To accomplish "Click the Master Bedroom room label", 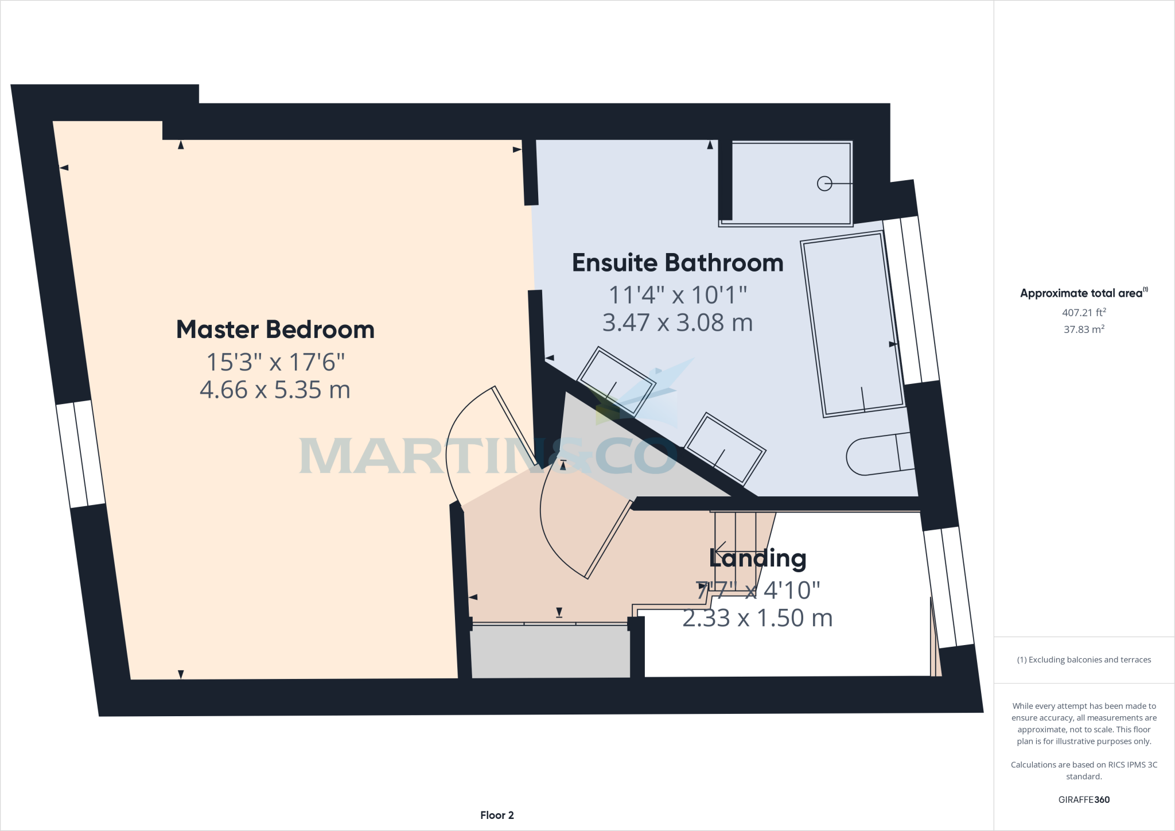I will [x=275, y=330].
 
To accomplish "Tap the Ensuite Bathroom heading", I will [x=678, y=263].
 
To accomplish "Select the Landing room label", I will [x=757, y=558].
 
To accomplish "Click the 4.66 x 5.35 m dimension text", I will [x=275, y=390].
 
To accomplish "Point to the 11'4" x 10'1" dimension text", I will [x=678, y=296].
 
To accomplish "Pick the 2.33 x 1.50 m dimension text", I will [x=757, y=618].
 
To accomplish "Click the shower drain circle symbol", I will [x=824, y=184].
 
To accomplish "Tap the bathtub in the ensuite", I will [x=853, y=324].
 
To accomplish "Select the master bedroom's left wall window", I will [x=81, y=454].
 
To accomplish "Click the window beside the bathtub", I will [x=911, y=301].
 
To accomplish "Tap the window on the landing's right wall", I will [x=948, y=587].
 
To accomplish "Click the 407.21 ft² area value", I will [x=1083, y=313].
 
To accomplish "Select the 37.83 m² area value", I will [x=1083, y=329].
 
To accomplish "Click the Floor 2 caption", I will [x=497, y=815].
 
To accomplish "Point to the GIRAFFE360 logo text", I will [x=1083, y=799].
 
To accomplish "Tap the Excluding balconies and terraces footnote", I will [x=1083, y=660].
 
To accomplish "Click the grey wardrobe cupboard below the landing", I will [x=550, y=651].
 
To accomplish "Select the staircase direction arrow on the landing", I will [x=720, y=549].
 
